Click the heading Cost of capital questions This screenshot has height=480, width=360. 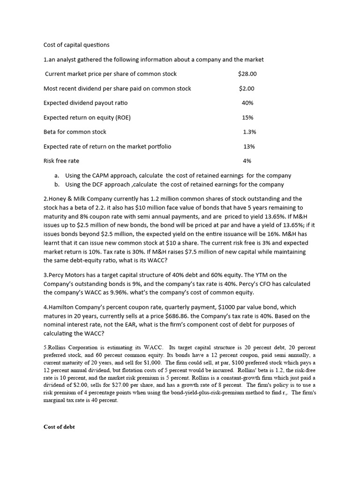coord(76,45)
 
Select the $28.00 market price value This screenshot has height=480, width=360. coord(247,74)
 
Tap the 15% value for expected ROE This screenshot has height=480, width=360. coord(247,117)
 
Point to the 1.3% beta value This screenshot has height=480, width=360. coord(249,132)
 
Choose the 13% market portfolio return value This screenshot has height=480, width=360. coord(249,146)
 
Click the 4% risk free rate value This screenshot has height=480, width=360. coord(247,161)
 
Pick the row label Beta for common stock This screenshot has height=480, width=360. coord(75,132)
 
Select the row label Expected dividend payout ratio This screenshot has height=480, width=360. coord(85,103)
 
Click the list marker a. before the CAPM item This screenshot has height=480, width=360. coord(57,175)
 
